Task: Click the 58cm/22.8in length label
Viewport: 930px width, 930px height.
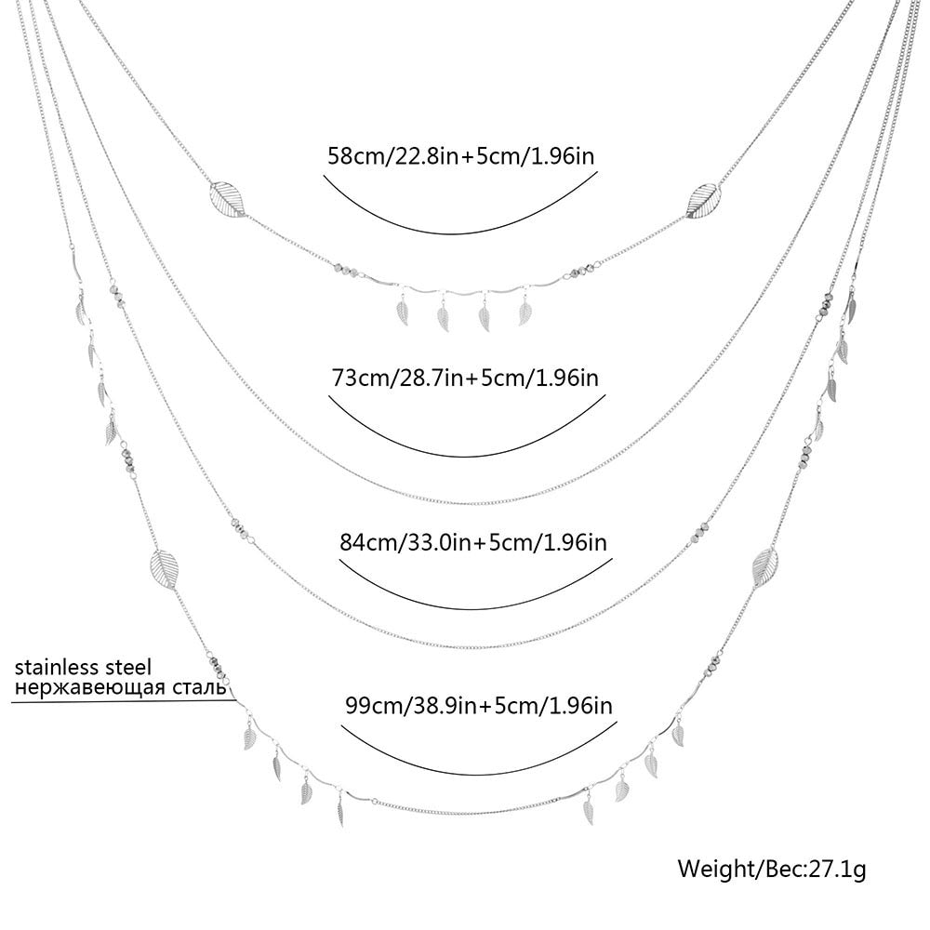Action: [x=460, y=154]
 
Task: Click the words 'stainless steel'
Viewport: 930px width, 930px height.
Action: [x=83, y=667]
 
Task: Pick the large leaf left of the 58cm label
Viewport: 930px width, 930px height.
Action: [x=226, y=196]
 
